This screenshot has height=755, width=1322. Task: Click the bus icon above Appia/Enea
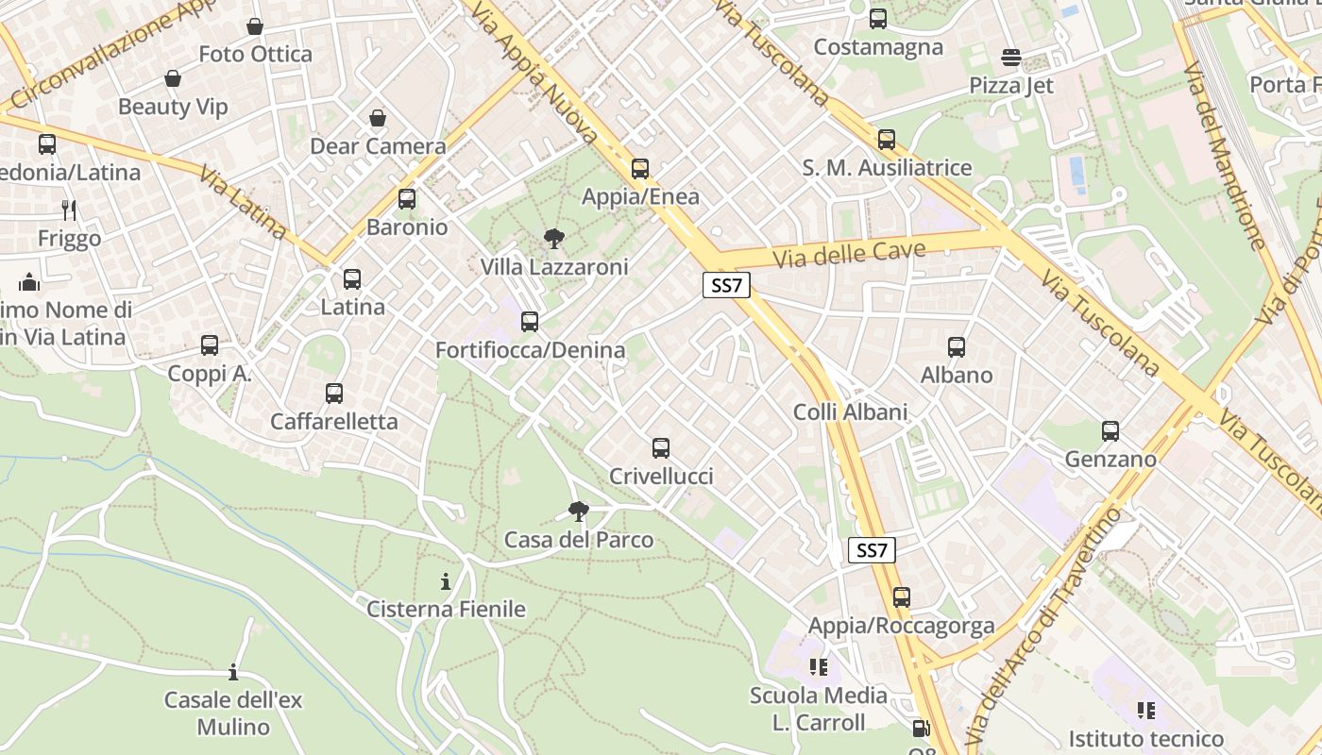click(x=640, y=169)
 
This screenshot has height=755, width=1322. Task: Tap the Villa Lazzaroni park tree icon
click(x=554, y=239)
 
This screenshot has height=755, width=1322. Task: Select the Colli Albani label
click(x=850, y=411)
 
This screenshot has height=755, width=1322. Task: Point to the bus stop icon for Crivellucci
click(x=661, y=448)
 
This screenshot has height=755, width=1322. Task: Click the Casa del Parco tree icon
click(x=579, y=512)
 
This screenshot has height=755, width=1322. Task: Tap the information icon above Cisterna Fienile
click(x=446, y=581)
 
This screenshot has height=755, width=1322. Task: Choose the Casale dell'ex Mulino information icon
click(x=233, y=673)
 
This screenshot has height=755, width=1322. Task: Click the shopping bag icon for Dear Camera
click(x=378, y=118)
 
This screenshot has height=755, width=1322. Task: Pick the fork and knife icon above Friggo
click(x=69, y=210)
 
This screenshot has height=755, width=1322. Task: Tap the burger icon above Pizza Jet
click(x=1011, y=58)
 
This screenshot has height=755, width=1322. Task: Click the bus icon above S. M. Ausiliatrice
click(x=887, y=140)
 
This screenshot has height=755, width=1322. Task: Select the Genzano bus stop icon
click(x=1110, y=431)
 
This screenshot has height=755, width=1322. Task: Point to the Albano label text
click(x=957, y=375)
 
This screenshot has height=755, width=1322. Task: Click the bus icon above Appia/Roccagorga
click(x=902, y=597)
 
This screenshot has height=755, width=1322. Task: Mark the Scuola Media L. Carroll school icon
click(x=818, y=667)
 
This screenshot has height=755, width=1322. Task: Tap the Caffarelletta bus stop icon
click(x=334, y=394)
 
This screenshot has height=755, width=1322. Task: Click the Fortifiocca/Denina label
click(x=530, y=350)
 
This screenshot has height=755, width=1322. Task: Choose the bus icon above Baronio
click(x=407, y=199)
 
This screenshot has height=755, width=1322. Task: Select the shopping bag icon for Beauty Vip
click(x=173, y=78)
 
